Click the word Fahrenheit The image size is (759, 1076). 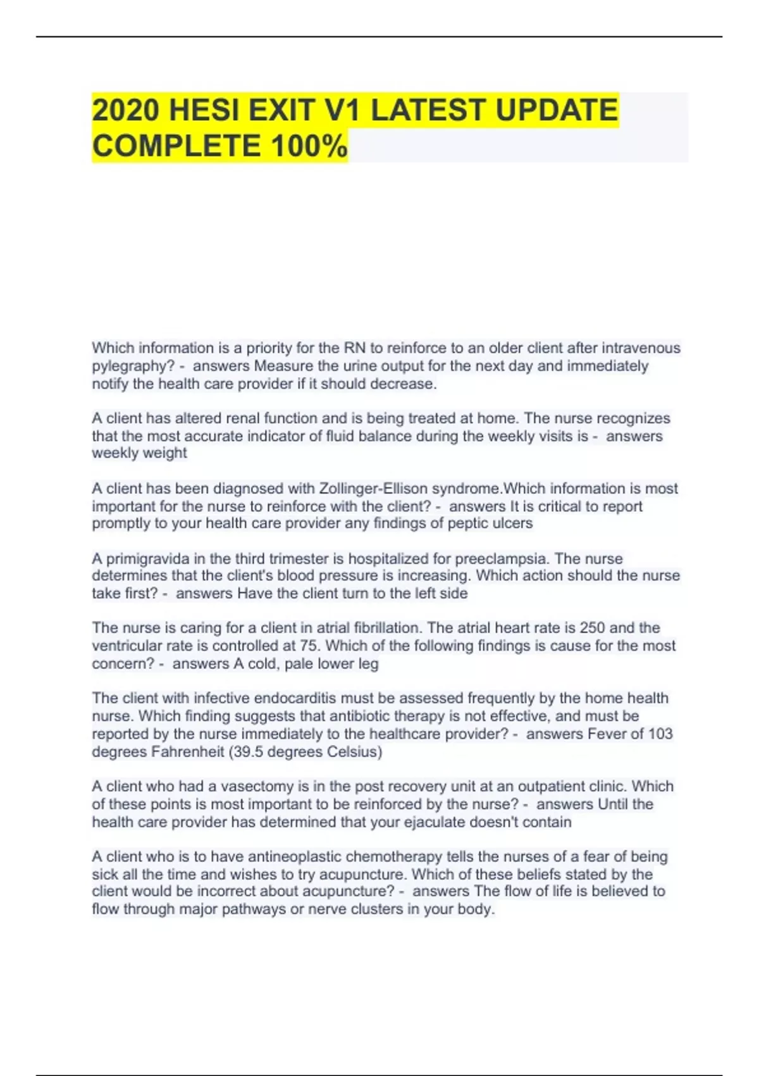point(187,752)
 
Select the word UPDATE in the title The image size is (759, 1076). point(557,110)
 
